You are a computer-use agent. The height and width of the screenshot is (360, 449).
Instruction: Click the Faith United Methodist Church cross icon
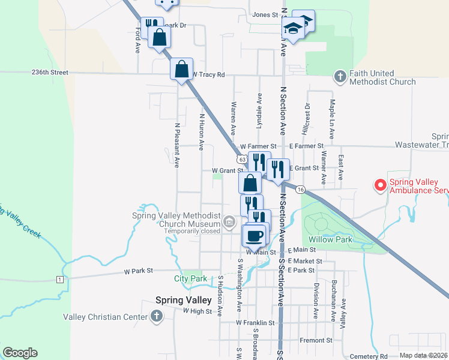[x=340, y=77]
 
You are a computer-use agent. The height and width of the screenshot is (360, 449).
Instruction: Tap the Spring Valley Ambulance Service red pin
[x=380, y=185]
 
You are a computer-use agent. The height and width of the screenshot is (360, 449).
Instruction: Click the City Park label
[x=190, y=278]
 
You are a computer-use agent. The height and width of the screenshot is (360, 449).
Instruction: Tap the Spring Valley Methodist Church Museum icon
[x=229, y=223]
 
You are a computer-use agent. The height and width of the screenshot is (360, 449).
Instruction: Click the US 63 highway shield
[x=241, y=160]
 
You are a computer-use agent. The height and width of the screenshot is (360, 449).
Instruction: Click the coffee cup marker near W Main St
[x=255, y=235]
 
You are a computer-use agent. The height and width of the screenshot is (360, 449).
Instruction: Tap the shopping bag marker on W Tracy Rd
[x=181, y=69]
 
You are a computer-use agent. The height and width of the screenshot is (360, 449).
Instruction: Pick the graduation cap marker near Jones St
[x=293, y=29]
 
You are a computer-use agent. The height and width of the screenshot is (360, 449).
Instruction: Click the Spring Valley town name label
[x=183, y=300]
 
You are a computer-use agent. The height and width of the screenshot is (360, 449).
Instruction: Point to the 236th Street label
[x=50, y=72]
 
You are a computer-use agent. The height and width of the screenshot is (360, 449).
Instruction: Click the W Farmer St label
[x=258, y=146]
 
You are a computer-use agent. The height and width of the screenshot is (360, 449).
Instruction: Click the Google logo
[x=20, y=353]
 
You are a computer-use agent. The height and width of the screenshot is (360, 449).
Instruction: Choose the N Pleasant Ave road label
[x=177, y=145]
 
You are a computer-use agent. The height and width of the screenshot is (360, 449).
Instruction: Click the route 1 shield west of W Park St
[x=59, y=280]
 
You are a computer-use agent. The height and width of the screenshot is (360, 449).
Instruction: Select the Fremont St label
[x=316, y=340]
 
